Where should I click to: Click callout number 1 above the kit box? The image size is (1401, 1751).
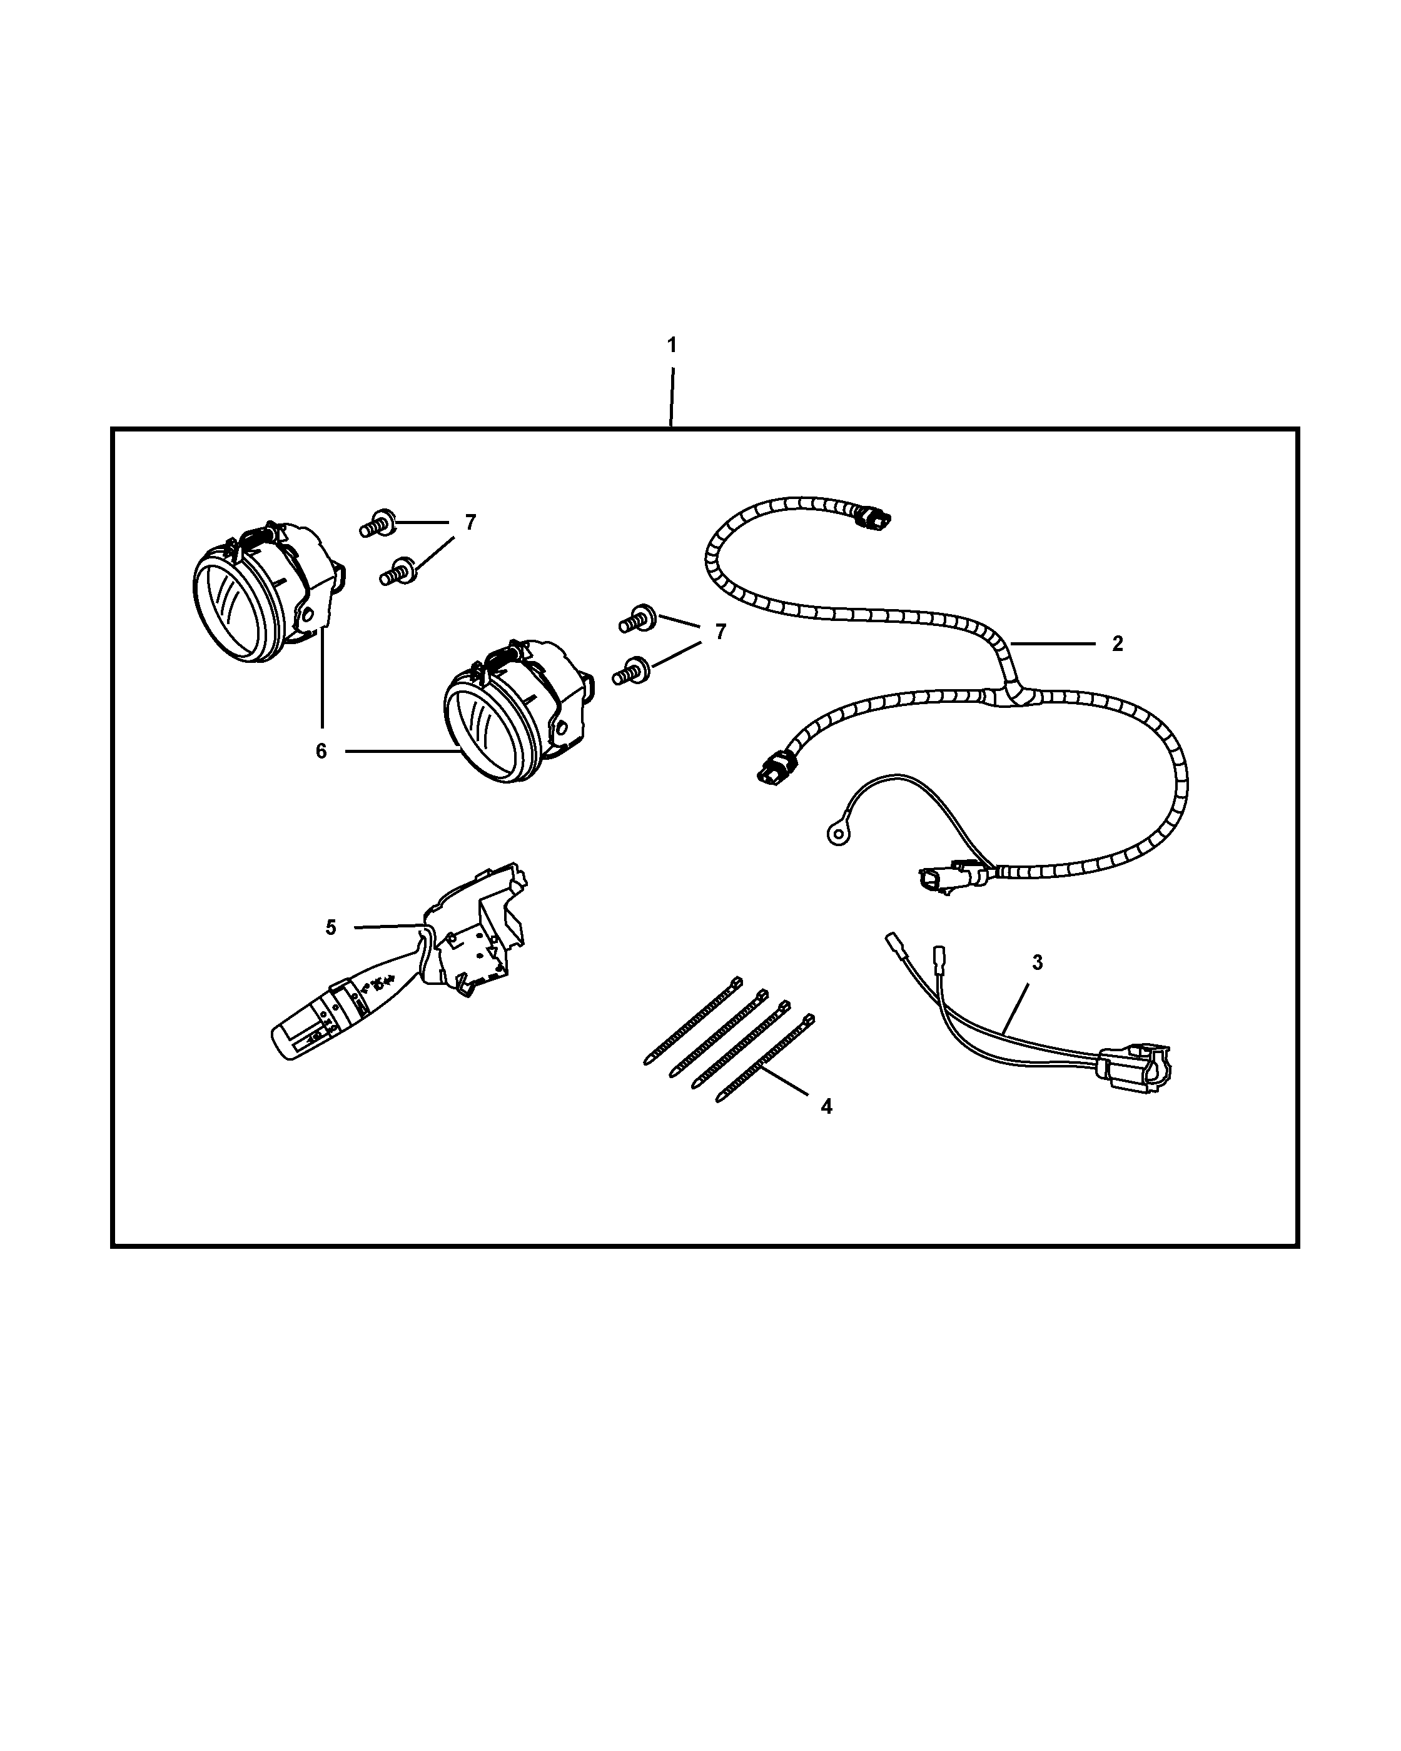672,345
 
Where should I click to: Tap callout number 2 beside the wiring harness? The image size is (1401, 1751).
1118,643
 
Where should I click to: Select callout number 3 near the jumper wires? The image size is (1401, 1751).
1037,962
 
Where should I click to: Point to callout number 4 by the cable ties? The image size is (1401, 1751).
826,1106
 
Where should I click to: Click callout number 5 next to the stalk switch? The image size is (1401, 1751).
331,927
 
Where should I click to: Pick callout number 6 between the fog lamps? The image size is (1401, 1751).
321,751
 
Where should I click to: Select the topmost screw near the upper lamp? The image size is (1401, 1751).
378,524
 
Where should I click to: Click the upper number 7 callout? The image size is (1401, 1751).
470,523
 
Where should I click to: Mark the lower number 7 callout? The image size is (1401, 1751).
720,632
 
